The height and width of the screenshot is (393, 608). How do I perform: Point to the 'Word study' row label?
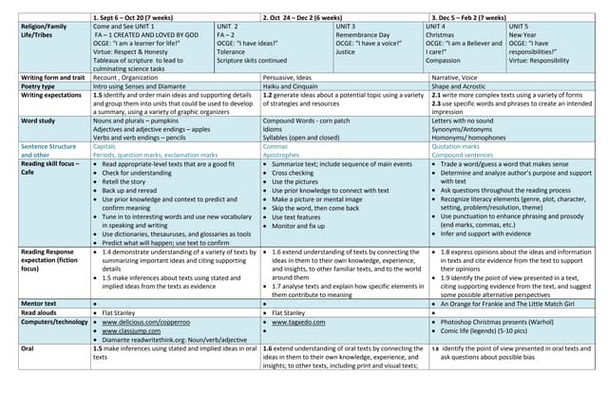pyautogui.click(x=39, y=121)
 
